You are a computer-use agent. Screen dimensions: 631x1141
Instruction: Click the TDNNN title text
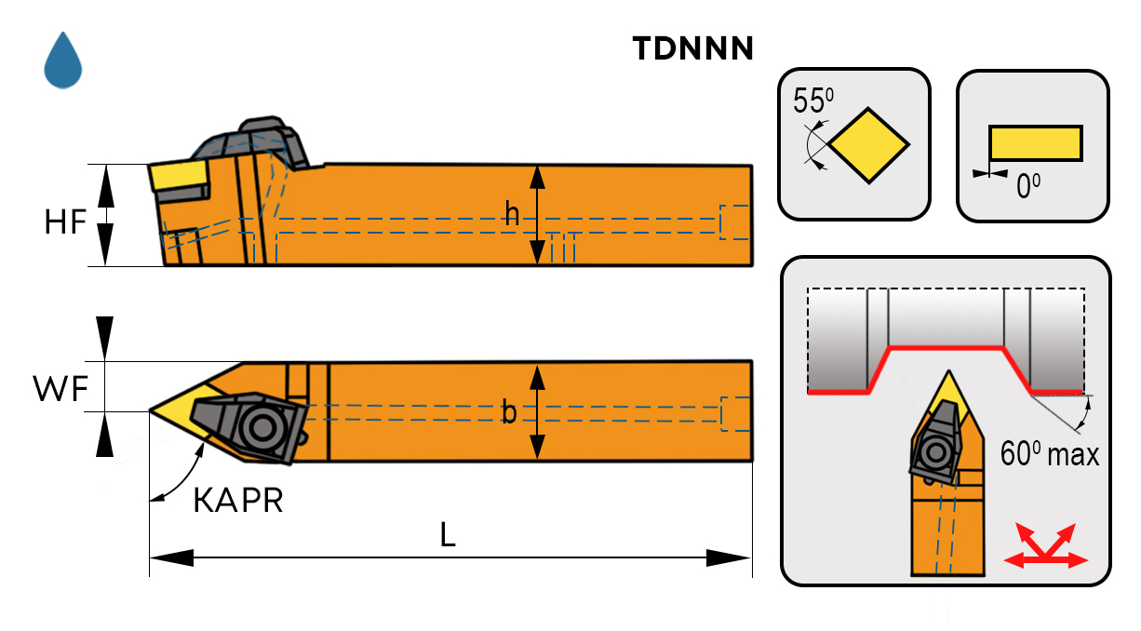click(x=692, y=48)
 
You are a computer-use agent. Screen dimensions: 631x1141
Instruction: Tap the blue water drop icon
click(x=63, y=60)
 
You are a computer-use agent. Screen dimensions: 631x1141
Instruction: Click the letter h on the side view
click(x=512, y=215)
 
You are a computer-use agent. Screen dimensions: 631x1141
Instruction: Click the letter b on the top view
click(x=509, y=412)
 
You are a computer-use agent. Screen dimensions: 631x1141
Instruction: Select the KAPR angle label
click(x=237, y=501)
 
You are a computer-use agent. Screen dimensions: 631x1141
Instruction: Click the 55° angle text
click(x=812, y=101)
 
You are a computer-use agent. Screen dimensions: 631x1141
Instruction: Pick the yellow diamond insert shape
click(x=868, y=145)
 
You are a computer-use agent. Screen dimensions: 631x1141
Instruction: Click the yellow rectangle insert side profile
click(x=1035, y=143)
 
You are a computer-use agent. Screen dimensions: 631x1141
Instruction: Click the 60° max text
click(x=1049, y=455)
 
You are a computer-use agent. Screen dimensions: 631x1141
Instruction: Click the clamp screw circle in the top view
click(x=260, y=427)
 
